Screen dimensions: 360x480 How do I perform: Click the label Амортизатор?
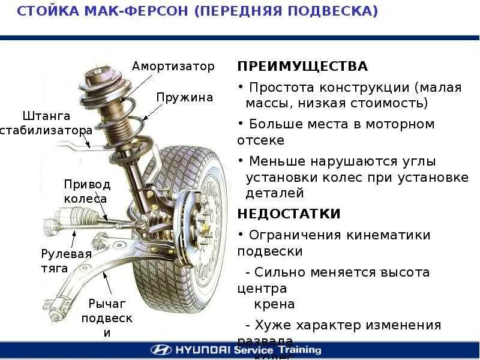pos(173,66)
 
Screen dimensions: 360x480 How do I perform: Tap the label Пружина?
pos(185,97)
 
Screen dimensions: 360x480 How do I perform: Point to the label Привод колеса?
pos(87,191)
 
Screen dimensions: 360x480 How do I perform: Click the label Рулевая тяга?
pos(67,260)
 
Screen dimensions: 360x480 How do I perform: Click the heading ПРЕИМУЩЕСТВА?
pos(302,66)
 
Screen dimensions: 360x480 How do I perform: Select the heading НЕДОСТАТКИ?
pos(289,214)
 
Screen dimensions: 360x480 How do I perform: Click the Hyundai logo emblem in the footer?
pos(160,350)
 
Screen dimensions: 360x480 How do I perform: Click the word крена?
pos(274,304)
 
